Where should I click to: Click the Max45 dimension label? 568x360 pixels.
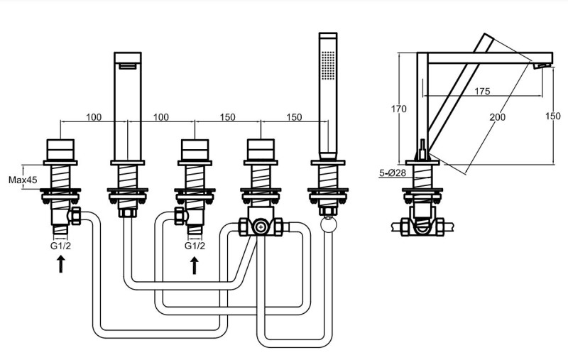[x=23, y=180]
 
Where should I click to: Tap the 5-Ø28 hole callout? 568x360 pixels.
[x=393, y=173]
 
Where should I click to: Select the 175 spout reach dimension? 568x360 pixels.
[x=482, y=92]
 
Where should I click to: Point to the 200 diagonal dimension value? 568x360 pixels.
[x=498, y=117]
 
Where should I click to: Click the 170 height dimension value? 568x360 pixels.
[x=398, y=109]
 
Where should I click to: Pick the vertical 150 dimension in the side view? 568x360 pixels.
[x=553, y=116]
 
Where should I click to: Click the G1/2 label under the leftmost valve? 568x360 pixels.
[x=60, y=246]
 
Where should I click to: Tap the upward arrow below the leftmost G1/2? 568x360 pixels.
[x=61, y=264]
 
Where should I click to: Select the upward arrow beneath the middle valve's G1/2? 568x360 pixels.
[x=195, y=265]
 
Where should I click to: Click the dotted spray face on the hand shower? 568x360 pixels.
[x=328, y=65]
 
